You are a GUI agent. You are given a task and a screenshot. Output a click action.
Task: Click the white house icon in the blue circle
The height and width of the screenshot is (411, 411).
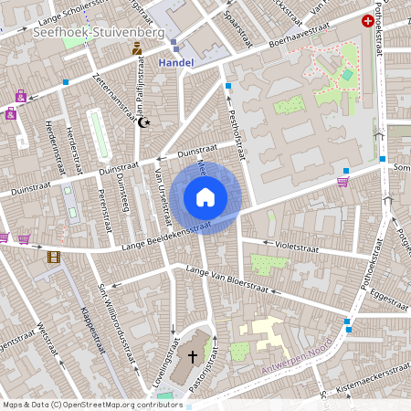[205, 196]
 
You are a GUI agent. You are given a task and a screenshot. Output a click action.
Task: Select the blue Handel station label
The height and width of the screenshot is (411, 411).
[176, 62]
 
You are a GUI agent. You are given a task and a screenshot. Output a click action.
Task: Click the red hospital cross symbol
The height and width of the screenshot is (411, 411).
[368, 20]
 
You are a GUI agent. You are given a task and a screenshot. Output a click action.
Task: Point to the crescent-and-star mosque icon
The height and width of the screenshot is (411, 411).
[142, 121]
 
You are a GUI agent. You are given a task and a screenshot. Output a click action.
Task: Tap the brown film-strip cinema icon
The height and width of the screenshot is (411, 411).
[54, 257]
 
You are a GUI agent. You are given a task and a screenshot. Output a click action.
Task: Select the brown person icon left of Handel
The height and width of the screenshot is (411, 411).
[137, 47]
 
